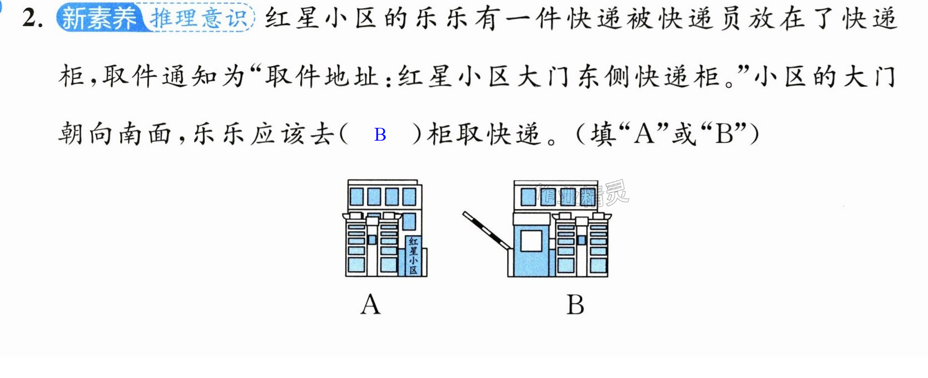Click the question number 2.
click(32, 19)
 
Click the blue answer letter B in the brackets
click(380, 135)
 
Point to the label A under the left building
click(370, 305)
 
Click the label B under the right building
click(575, 305)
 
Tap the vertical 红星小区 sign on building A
click(413, 256)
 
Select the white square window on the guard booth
click(531, 241)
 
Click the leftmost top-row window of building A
click(356, 197)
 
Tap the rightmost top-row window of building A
click(409, 197)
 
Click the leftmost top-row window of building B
click(527, 197)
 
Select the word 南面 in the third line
click(145, 134)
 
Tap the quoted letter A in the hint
click(644, 134)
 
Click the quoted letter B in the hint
click(724, 134)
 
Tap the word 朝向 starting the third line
click(85, 134)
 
